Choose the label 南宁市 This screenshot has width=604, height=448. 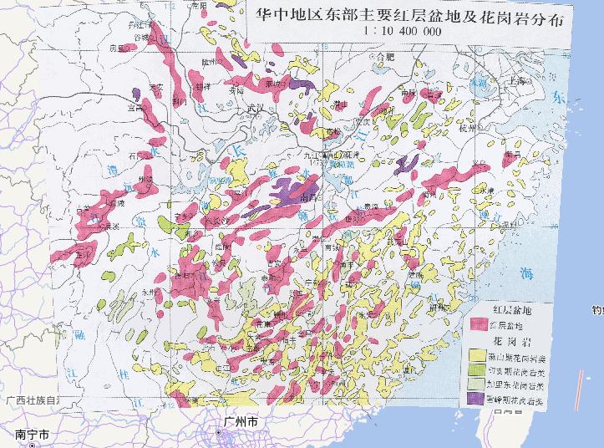(33, 434)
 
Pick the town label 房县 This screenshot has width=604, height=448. (116, 48)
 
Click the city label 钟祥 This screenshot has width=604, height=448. (201, 85)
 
